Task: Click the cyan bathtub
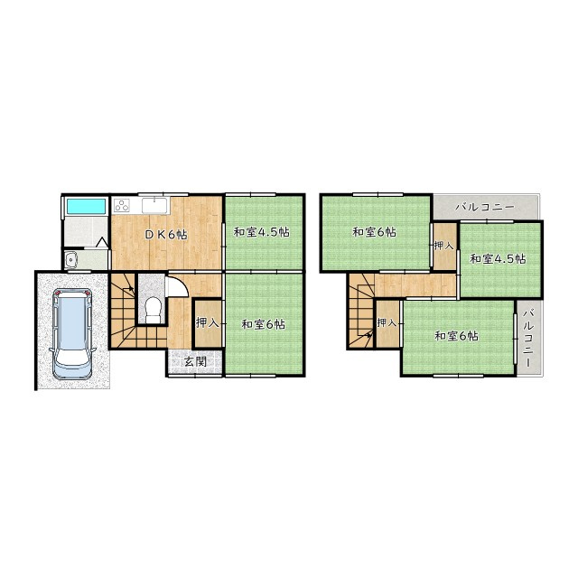coord(86,206)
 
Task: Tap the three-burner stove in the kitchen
coord(122,205)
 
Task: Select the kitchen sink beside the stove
coord(154,205)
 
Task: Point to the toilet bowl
coord(153,309)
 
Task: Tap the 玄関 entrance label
coord(195,362)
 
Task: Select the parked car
coord(72,334)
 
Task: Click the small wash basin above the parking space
coord(70,260)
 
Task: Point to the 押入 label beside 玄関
coord(208,323)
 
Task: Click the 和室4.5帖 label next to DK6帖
coord(261,232)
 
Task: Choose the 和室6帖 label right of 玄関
coord(263,324)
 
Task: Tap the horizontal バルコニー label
coord(484,207)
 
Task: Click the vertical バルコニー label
coord(528,338)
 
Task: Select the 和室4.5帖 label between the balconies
coord(498,259)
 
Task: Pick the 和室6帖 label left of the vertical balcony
coord(457,336)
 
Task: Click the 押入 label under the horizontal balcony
coord(443,246)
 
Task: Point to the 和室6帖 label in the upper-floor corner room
coord(375,232)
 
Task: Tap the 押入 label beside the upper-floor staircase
coord(387,323)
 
